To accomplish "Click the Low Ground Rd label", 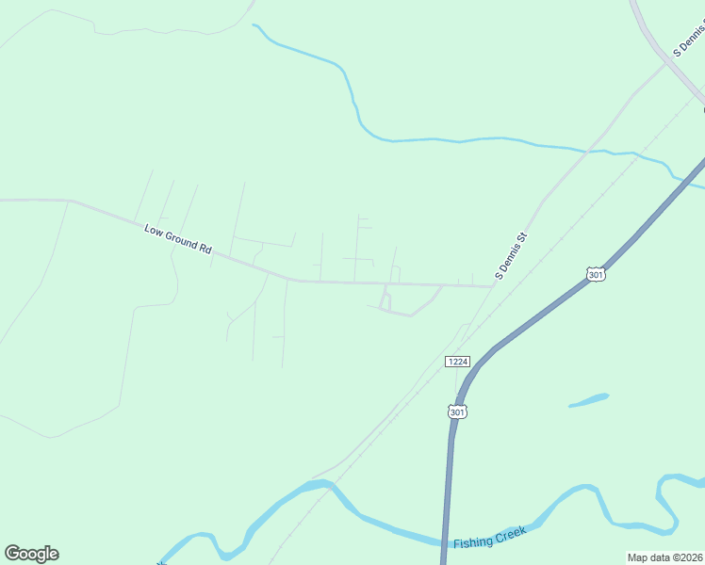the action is pyautogui.click(x=178, y=238).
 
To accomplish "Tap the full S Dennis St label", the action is pyautogui.click(x=509, y=256).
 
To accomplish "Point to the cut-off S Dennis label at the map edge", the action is pyautogui.click(x=689, y=41).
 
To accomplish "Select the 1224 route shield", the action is pyautogui.click(x=457, y=362).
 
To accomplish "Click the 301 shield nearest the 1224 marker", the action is pyautogui.click(x=457, y=412).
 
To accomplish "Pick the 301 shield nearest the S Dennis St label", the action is pyautogui.click(x=595, y=274).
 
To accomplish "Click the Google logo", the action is pyautogui.click(x=31, y=554).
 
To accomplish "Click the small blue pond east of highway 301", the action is pyautogui.click(x=588, y=400).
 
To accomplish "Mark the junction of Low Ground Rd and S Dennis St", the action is pyautogui.click(x=494, y=285).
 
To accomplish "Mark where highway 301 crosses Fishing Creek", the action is pyautogui.click(x=444, y=542).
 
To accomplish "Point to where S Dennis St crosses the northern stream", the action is pyautogui.click(x=591, y=148).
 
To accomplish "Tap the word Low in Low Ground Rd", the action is pyautogui.click(x=154, y=230).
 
